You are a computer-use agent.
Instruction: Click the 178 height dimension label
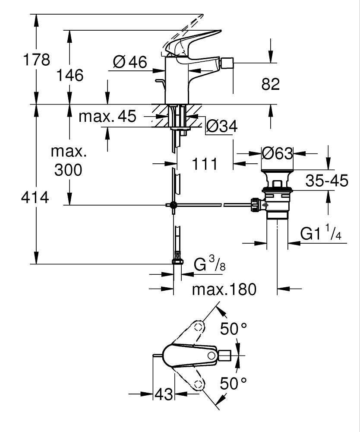(36, 59)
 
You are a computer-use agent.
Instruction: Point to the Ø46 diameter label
(130, 63)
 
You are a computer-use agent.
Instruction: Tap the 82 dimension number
(271, 84)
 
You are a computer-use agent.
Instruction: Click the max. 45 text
(107, 116)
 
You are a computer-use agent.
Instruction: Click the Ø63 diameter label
(278, 153)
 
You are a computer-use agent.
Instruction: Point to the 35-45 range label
(327, 181)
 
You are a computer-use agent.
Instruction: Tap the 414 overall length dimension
(35, 198)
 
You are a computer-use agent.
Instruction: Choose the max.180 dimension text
(224, 289)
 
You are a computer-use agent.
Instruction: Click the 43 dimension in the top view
(164, 394)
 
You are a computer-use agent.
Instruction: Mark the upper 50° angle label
(234, 329)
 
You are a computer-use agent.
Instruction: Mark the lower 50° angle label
(234, 383)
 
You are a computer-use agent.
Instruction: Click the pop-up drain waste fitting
(278, 194)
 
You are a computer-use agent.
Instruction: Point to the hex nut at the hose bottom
(177, 260)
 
